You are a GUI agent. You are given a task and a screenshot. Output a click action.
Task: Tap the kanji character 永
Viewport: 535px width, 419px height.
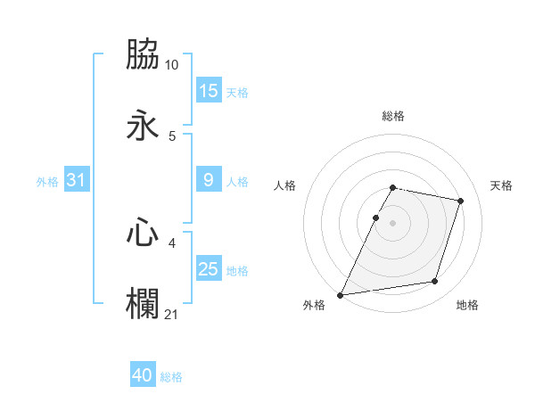tap(144, 126)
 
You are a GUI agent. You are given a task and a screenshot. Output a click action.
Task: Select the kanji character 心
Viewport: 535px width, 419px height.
tap(144, 233)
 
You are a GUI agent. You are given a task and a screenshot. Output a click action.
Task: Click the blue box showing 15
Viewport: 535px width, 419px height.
tap(209, 90)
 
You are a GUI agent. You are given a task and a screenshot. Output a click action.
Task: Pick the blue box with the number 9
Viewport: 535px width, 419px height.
tap(209, 180)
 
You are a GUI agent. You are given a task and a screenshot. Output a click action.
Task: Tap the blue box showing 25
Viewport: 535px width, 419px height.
tap(209, 269)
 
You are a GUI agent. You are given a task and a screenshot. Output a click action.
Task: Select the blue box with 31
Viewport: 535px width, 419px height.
tap(77, 180)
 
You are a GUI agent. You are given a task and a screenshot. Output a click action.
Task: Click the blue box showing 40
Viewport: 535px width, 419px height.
tap(143, 375)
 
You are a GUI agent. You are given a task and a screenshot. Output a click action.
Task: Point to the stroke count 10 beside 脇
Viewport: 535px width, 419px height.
tap(172, 65)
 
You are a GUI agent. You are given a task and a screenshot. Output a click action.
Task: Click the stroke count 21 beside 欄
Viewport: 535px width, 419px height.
tap(172, 314)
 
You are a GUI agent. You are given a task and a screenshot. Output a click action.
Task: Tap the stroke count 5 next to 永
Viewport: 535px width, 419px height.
tap(172, 136)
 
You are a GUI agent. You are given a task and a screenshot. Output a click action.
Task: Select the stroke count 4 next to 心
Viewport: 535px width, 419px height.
tap(172, 242)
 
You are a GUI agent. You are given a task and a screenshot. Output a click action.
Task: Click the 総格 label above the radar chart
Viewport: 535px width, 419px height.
tap(393, 116)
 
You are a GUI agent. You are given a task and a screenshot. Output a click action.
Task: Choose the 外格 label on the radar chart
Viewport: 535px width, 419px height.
tap(314, 306)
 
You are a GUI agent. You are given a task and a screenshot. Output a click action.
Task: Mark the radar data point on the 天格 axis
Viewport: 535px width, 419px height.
tap(461, 201)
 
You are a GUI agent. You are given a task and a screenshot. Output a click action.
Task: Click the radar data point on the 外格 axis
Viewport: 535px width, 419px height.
tap(341, 294)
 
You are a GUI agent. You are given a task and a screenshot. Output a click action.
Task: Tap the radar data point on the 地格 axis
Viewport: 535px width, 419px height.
tap(435, 282)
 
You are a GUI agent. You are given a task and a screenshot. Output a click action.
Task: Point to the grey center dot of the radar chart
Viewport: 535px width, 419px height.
tap(393, 223)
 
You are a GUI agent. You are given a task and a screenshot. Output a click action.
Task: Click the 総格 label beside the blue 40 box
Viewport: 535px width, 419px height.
tap(171, 377)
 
